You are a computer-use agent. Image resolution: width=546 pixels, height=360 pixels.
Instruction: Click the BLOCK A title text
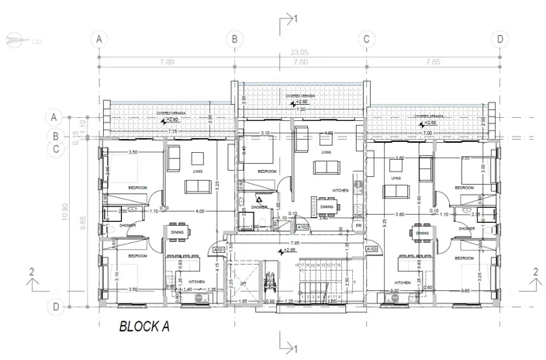point(143,327)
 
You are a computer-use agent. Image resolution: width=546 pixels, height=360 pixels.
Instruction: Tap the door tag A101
point(219,250)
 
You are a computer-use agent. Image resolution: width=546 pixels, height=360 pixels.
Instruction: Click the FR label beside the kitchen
point(359,226)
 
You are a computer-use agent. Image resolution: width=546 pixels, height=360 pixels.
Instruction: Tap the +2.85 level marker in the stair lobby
point(289,250)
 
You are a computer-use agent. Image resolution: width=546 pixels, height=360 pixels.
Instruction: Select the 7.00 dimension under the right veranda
point(427,132)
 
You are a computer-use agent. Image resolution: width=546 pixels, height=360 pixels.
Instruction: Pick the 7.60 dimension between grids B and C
point(299,61)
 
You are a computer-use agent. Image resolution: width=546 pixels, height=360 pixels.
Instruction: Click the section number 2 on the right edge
point(535,271)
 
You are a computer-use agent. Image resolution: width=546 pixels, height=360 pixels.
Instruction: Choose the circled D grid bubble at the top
point(500,38)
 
